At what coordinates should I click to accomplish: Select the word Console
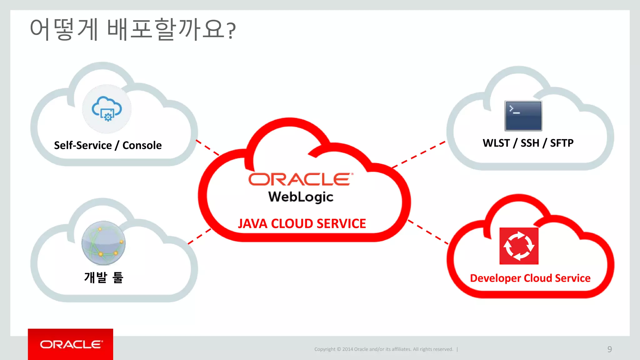[142, 145]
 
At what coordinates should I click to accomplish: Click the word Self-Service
[83, 145]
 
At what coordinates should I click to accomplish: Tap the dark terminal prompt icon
[523, 116]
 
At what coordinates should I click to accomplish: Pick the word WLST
[496, 143]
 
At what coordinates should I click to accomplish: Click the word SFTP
[562, 143]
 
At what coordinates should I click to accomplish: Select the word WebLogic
[301, 197]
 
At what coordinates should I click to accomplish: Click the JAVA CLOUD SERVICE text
[302, 224]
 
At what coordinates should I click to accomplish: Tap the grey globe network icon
[103, 243]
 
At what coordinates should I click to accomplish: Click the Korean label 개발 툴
[104, 277]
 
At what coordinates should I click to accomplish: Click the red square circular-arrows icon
[519, 246]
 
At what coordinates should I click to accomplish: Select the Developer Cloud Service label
[530, 278]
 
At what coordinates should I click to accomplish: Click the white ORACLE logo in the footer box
[71, 344]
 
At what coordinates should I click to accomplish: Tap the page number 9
[609, 349]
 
